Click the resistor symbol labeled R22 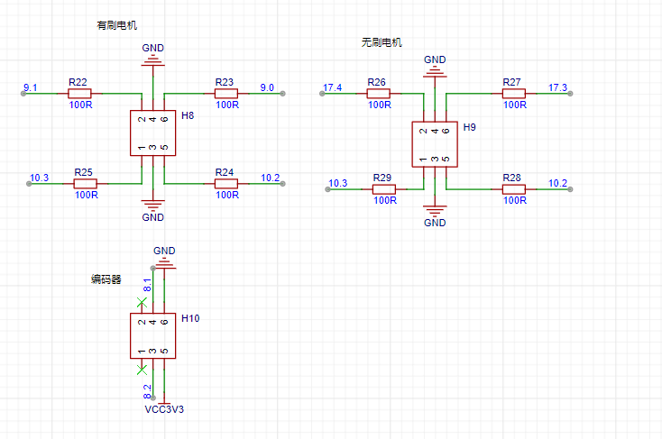[x=79, y=93]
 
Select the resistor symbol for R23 [x=225, y=93]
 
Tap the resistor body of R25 [x=86, y=184]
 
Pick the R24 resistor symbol [x=225, y=184]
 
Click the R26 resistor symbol [x=378, y=93]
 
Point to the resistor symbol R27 [x=513, y=93]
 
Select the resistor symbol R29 [x=384, y=189]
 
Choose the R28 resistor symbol [x=513, y=189]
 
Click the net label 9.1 [x=31, y=87]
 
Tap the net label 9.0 [x=267, y=87]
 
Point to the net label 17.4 [x=332, y=87]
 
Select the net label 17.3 [x=557, y=87]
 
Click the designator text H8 [x=188, y=115]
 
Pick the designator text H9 [x=470, y=127]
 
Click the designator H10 [x=190, y=318]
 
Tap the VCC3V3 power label [x=164, y=409]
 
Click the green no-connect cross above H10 [x=142, y=303]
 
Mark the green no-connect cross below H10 [x=142, y=370]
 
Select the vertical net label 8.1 [x=147, y=285]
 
